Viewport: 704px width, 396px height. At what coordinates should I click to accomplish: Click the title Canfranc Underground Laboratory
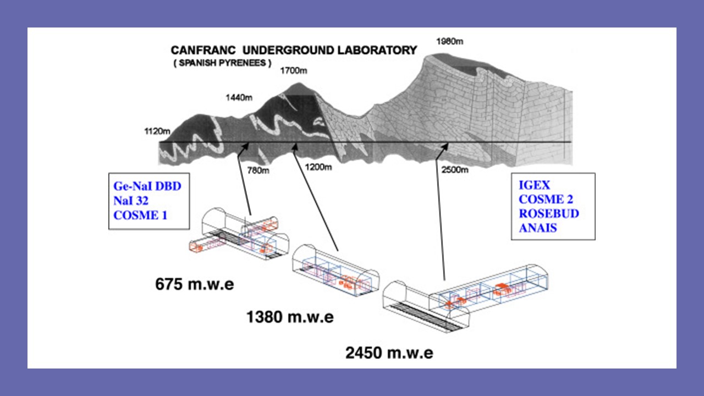[294, 50]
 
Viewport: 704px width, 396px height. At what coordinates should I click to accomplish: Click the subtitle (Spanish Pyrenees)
[223, 63]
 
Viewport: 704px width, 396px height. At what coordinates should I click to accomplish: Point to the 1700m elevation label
[294, 71]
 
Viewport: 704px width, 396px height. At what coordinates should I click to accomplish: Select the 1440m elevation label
[239, 98]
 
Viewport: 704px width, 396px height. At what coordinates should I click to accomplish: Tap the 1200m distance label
[319, 167]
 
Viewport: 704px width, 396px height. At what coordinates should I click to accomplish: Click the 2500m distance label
[455, 169]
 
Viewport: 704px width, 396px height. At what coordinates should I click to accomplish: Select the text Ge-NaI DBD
[147, 187]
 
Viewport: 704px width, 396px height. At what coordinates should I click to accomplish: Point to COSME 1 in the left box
[140, 215]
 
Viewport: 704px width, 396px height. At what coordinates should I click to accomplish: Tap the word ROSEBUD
[549, 214]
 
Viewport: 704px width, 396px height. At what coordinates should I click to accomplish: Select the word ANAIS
[538, 227]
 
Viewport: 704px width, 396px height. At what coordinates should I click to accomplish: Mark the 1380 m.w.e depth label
[290, 317]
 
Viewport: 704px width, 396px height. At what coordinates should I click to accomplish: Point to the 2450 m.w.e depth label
[389, 353]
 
